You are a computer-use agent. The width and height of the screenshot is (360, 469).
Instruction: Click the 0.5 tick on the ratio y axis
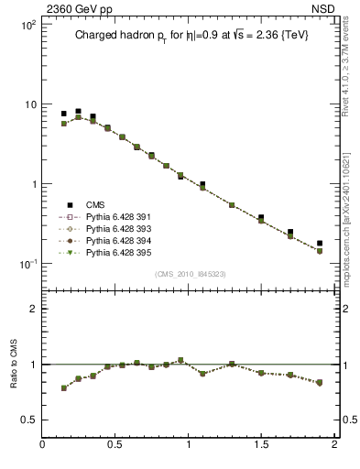29,420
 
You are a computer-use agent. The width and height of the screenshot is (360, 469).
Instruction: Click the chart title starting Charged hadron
190,37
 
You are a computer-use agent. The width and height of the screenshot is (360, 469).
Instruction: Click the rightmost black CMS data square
320,244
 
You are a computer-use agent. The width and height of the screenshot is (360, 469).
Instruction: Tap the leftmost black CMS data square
64,114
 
